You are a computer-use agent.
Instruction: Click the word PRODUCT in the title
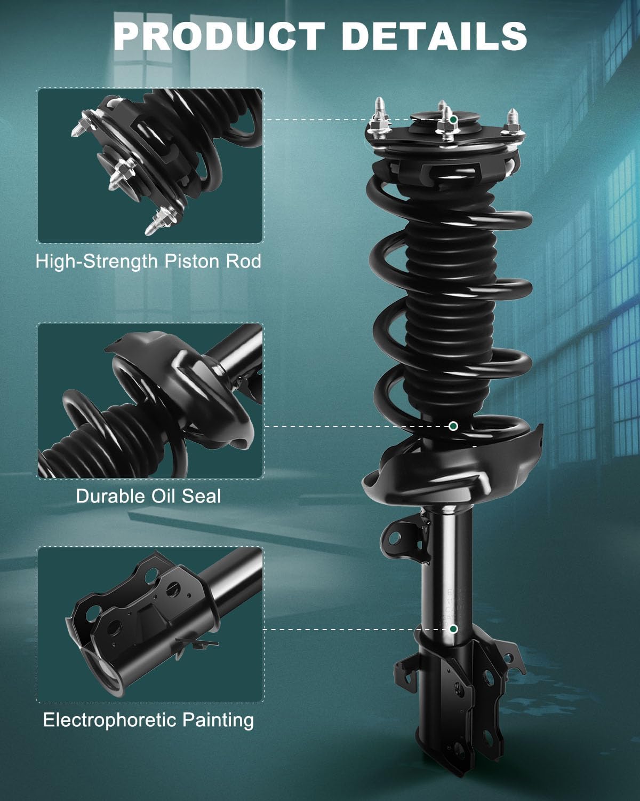219,36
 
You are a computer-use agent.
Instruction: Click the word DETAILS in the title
434,36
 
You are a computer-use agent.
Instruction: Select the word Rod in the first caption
244,261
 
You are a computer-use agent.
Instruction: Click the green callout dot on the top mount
453,120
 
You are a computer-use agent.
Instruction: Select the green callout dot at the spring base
453,426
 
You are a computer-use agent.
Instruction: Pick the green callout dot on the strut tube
453,629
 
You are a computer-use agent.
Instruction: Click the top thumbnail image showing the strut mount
150,166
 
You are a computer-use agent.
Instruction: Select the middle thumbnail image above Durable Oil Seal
150,400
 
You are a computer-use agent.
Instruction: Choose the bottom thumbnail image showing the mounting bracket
150,625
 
